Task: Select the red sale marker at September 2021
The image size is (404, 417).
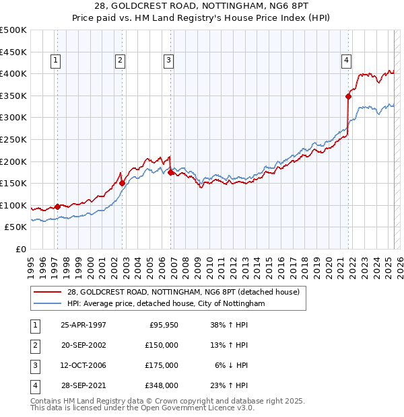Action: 349,96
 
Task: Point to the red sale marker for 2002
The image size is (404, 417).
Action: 122,182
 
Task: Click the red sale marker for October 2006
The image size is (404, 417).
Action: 170,172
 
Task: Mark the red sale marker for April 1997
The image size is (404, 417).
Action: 57,207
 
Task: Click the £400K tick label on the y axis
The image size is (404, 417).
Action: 13,73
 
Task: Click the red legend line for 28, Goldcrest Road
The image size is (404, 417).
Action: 48,292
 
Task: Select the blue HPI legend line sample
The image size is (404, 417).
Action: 48,303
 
